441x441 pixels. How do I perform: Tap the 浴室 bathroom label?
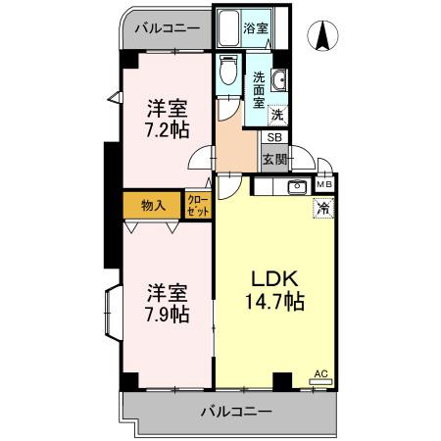click(258, 29)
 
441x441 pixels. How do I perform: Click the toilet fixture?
click(228, 72)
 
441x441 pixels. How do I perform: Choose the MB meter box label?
click(323, 183)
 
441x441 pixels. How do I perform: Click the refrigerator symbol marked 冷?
click(322, 207)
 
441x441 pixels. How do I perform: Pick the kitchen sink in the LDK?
click(295, 186)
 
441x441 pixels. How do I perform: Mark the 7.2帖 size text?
click(168, 128)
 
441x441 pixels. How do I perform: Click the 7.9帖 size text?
click(168, 315)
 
